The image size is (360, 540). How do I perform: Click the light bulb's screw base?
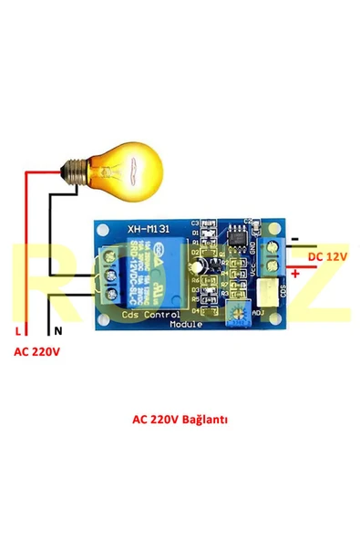74,169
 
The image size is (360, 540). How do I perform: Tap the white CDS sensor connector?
271,295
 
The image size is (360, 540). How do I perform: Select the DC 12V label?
326,258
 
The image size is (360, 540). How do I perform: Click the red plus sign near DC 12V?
297,273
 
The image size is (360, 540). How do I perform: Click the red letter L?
15,331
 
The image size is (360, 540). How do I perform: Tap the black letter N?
58,331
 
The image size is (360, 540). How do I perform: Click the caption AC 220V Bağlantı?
180,421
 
